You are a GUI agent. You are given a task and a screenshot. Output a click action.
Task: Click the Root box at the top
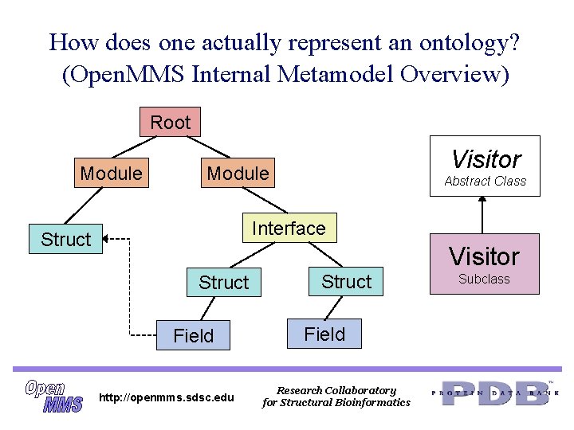click(171, 123)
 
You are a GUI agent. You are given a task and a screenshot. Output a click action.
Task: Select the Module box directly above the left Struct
click(111, 173)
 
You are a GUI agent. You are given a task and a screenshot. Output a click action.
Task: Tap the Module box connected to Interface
click(238, 173)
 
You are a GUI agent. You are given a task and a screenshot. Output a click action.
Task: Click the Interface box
click(289, 229)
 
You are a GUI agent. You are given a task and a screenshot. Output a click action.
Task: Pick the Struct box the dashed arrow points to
click(66, 239)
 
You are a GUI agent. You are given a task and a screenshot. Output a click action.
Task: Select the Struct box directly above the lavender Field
click(223, 282)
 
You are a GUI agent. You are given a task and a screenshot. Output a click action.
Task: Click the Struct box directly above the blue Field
click(346, 281)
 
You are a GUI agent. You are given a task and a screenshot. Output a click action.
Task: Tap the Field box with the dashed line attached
click(193, 336)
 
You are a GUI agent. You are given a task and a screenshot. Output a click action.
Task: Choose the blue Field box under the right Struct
click(324, 334)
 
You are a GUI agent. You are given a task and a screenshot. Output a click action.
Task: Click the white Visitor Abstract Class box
click(485, 167)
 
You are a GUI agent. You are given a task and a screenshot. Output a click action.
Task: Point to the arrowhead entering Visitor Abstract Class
click(482, 199)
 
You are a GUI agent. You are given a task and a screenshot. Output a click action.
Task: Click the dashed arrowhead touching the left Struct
click(108, 238)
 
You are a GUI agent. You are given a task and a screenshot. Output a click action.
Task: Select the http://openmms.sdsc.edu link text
click(166, 397)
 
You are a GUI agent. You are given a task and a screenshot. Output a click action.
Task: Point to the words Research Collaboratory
click(336, 390)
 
